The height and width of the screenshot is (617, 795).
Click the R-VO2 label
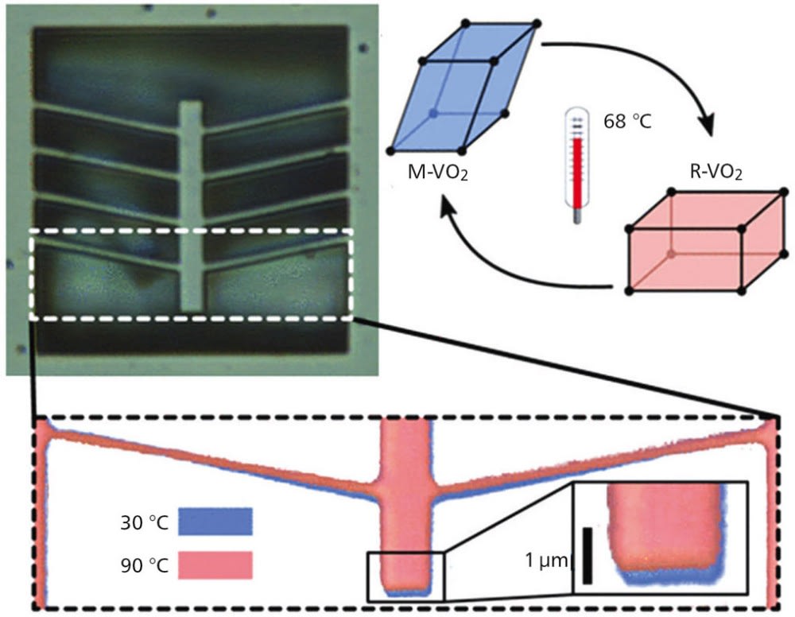tap(713, 171)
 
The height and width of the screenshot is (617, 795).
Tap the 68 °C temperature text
tap(627, 125)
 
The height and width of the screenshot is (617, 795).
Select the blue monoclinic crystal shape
tap(462, 88)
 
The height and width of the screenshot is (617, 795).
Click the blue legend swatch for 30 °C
tap(215, 521)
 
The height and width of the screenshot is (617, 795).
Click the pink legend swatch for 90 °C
tap(215, 565)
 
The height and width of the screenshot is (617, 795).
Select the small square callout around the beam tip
tap(405, 576)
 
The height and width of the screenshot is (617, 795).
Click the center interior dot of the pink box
tap(673, 254)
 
